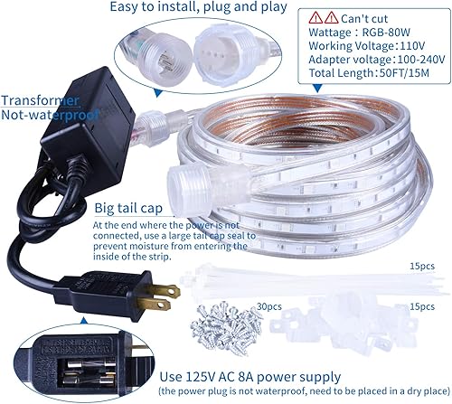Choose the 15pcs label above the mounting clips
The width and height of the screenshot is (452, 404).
pos(419,306)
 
